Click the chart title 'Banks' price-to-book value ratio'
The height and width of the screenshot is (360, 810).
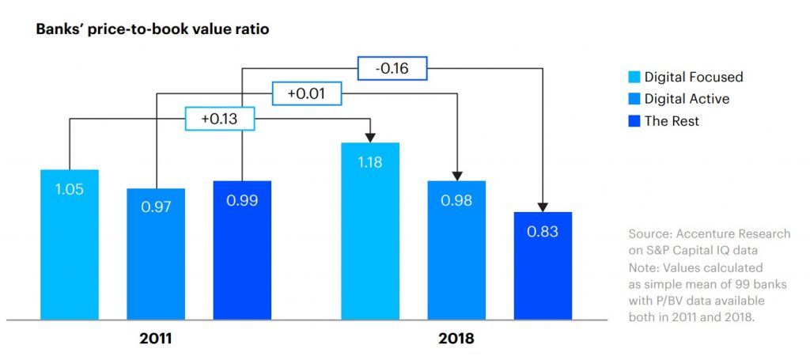pos(153,29)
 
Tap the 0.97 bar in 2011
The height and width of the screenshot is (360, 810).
pos(156,253)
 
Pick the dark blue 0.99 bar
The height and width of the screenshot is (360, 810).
pos(242,249)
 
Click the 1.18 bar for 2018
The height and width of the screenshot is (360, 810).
pos(370,230)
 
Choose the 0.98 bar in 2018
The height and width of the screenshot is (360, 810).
pos(456,249)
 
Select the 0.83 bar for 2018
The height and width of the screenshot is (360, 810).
pos(543,265)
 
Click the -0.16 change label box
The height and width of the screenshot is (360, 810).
pos(392,69)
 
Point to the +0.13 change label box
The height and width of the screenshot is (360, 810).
pos(220,119)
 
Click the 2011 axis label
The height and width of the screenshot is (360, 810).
pos(156,339)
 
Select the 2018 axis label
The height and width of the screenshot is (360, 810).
pos(456,339)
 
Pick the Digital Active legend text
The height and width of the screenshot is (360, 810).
pos(687,99)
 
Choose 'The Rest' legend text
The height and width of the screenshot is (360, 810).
pos(672,121)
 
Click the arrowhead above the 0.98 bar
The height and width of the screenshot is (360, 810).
pos(456,175)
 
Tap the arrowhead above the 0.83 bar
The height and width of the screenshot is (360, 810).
pos(543,207)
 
